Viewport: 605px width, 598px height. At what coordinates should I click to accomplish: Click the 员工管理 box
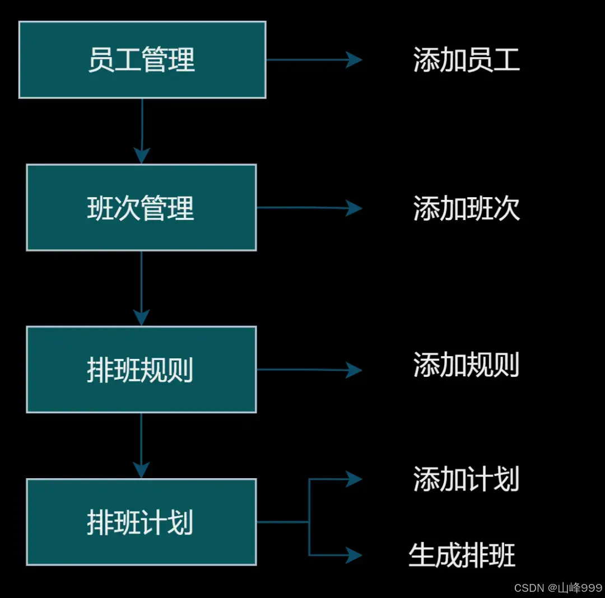(142, 60)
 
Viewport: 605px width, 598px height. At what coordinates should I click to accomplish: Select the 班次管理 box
(141, 207)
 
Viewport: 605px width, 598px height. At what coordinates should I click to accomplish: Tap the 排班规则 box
(141, 370)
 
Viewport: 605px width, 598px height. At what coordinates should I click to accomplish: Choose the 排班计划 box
(141, 522)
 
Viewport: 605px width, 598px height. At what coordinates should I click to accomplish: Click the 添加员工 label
(467, 60)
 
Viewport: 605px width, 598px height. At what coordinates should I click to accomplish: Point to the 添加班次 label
(467, 208)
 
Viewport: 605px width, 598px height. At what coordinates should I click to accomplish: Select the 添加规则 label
(467, 365)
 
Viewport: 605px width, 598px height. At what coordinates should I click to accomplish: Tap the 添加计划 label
(467, 479)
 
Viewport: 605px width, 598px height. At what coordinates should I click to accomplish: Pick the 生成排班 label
(462, 555)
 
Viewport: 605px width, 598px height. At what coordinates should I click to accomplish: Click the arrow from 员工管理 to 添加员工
(314, 59)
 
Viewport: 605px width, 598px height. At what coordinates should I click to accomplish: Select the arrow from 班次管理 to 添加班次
(308, 208)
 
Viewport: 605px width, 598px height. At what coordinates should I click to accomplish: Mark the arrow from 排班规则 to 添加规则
(308, 370)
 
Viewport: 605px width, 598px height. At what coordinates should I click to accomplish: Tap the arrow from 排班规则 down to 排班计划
(141, 445)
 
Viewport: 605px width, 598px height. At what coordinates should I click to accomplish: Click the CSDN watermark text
(529, 587)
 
